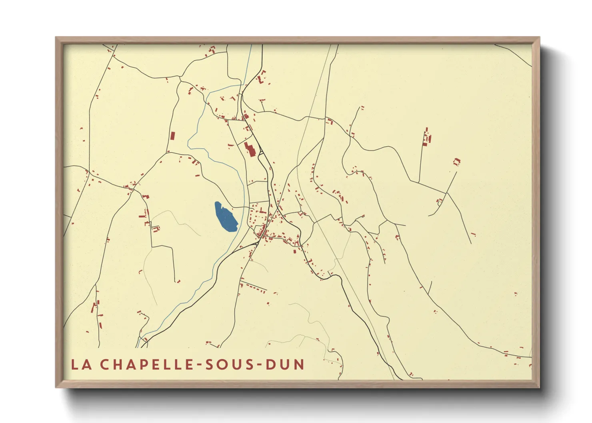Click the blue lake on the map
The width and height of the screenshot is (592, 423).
coord(225,217)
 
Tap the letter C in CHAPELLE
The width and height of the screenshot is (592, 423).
coord(105,364)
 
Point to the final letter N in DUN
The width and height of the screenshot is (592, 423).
coord(299,364)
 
